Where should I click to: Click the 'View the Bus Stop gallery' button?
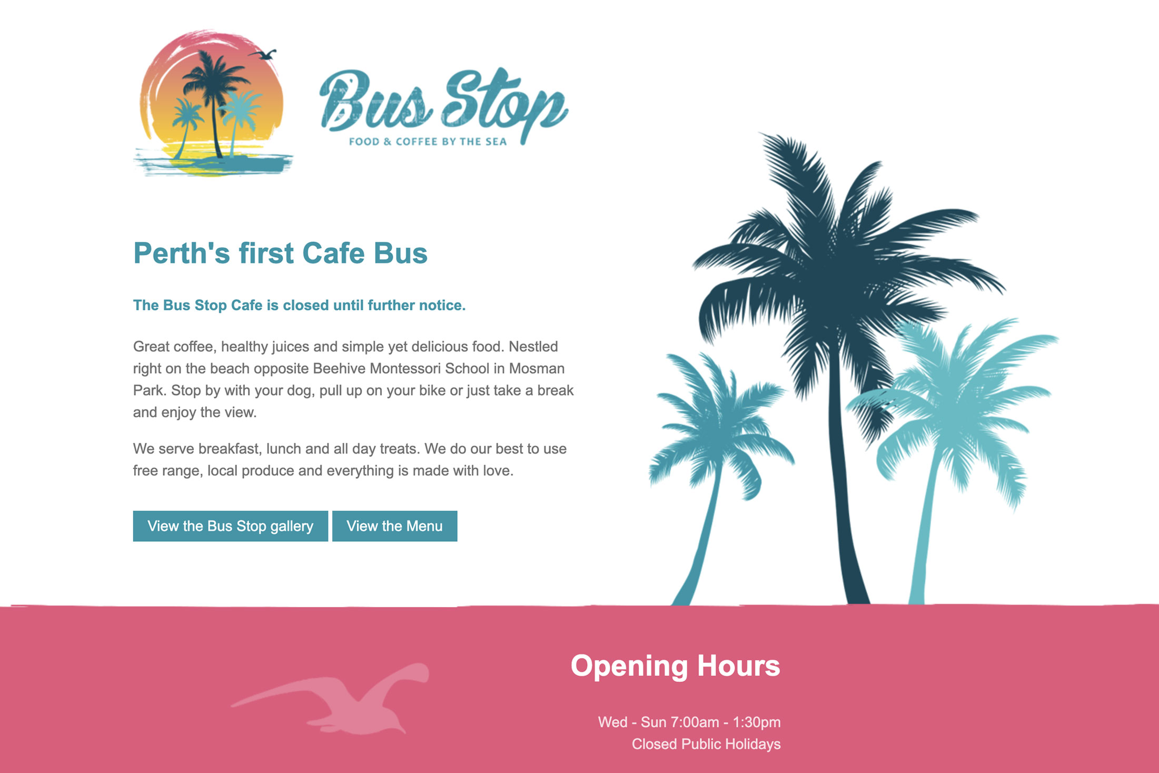coord(230,526)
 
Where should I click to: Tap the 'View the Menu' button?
coord(394,526)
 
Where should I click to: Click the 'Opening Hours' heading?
coord(675,667)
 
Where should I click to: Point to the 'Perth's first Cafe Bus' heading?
coord(280,253)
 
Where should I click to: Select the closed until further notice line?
coord(299,305)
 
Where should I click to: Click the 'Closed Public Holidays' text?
coord(706,744)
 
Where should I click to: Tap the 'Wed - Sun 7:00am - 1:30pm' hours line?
coord(689,722)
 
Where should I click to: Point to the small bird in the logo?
coord(262,54)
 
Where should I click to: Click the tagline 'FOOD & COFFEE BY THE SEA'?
coord(428,141)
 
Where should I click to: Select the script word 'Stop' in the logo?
coord(504,104)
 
